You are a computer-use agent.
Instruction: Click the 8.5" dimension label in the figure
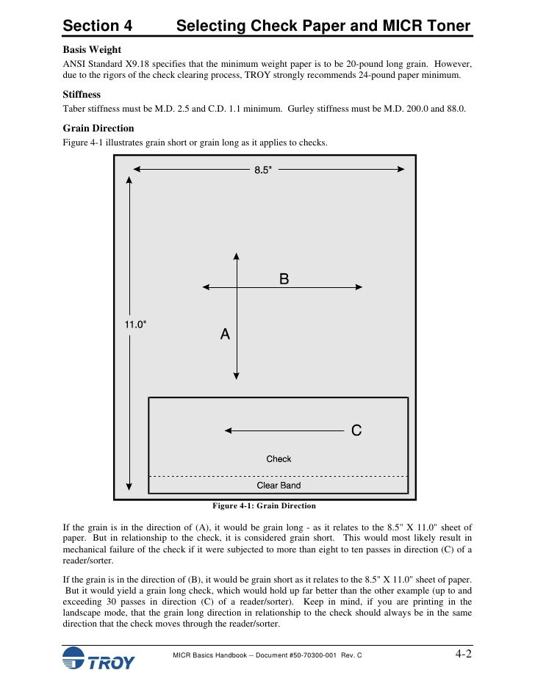263,170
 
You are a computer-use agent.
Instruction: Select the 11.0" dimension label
134,324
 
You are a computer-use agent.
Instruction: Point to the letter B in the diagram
284,279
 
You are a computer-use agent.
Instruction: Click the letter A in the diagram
225,334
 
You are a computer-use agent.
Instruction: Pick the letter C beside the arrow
356,431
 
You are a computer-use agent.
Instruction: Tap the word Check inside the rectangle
279,459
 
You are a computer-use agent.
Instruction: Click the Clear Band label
279,486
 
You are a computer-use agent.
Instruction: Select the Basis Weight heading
92,49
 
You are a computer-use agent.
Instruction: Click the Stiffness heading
82,95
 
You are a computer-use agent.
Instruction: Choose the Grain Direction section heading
98,128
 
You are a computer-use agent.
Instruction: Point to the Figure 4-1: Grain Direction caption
264,506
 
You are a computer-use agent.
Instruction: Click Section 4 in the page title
98,26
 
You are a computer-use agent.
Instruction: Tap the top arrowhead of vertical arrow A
237,256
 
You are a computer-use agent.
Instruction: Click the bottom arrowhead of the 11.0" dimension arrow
129,486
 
